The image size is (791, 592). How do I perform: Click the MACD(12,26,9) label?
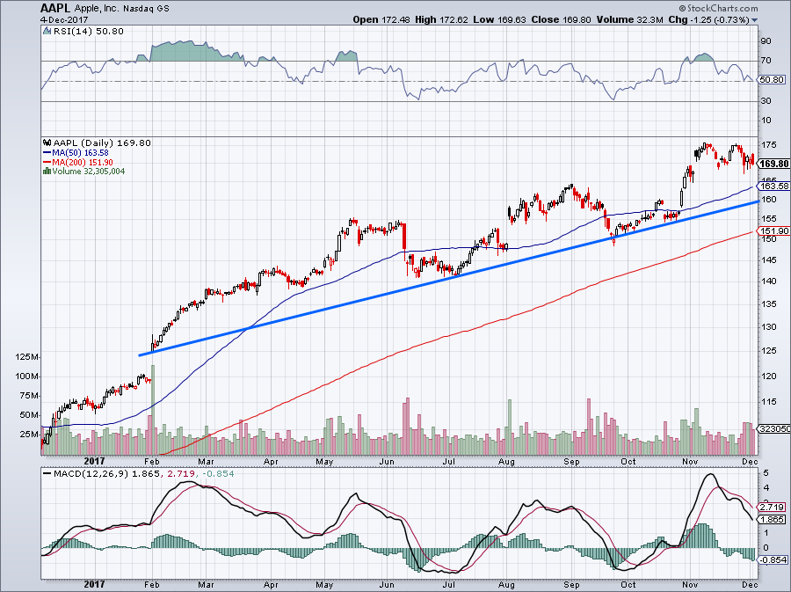point(91,476)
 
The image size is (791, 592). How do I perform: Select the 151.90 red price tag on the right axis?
point(771,232)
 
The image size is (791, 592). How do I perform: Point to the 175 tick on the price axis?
point(766,145)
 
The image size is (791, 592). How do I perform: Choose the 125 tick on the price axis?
point(766,351)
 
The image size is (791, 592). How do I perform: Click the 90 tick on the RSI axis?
point(766,40)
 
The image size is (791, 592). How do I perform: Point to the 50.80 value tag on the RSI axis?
point(770,79)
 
